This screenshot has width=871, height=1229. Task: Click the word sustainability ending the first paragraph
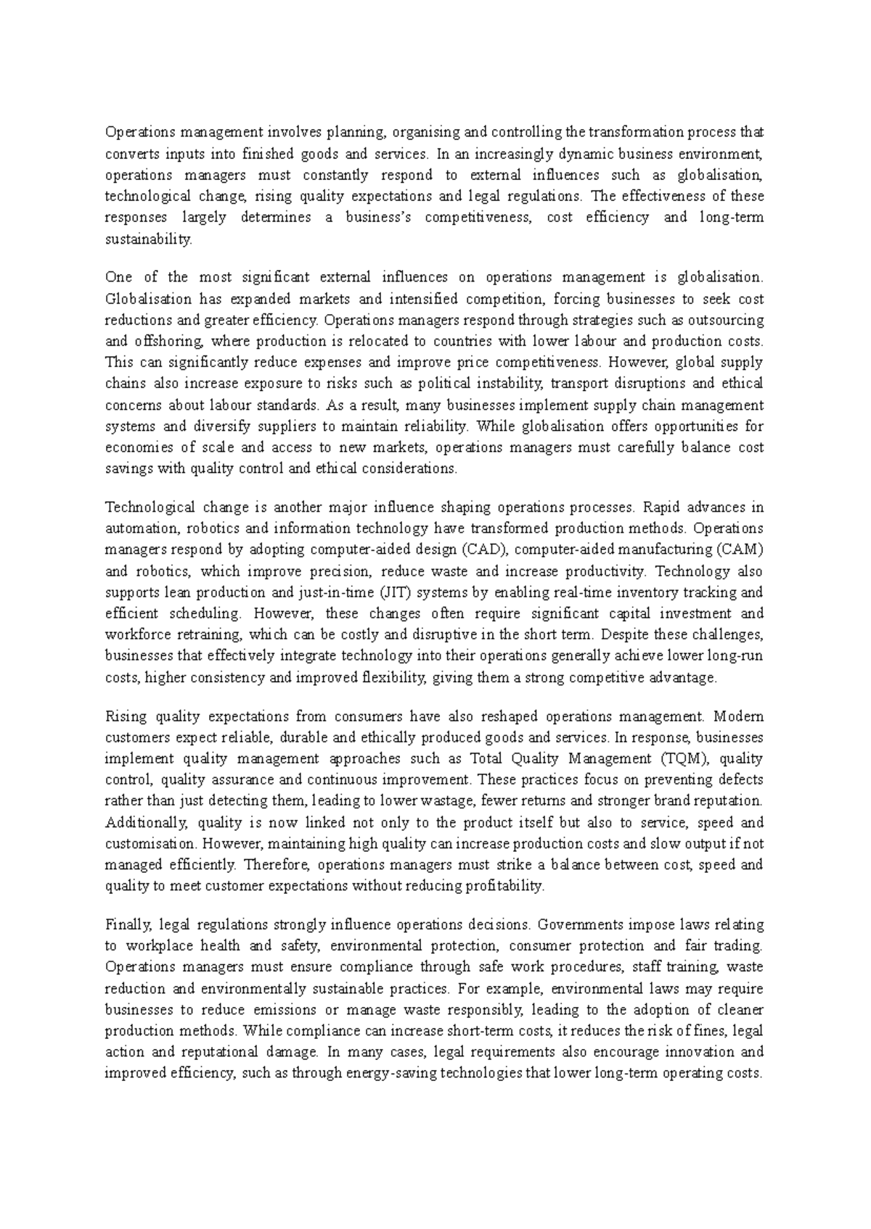click(149, 239)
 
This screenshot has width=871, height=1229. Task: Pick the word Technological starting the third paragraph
click(150, 507)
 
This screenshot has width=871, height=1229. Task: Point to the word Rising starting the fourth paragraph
click(126, 717)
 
